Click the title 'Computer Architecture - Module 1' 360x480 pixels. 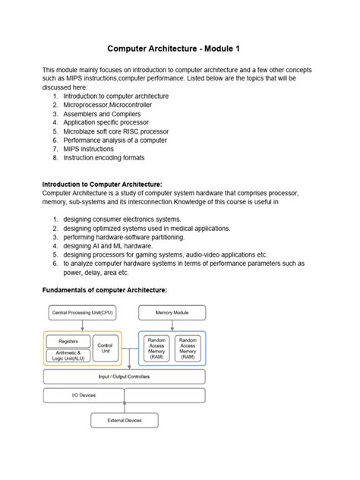pos(179,48)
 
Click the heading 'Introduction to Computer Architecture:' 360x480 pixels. pos(103,184)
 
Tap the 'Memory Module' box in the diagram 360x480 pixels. pos(172,312)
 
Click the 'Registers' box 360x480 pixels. pos(68,341)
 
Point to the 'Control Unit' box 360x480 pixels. pos(106,348)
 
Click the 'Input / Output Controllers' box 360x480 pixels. pos(125,376)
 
